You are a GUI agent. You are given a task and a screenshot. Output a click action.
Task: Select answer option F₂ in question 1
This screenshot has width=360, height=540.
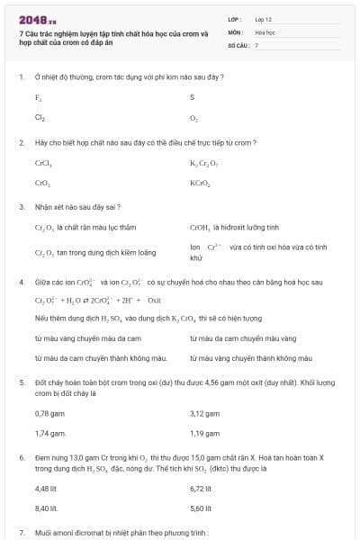click(39, 97)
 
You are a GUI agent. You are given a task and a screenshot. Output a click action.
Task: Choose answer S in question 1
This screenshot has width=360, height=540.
click(193, 97)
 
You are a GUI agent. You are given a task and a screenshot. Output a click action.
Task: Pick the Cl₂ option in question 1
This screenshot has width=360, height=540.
click(40, 117)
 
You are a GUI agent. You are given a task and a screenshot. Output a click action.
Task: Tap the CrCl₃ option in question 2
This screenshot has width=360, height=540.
click(43, 163)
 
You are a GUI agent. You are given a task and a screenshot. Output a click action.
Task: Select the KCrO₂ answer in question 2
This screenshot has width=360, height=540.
click(200, 183)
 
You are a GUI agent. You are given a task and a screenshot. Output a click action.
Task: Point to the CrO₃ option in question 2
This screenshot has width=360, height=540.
click(41, 183)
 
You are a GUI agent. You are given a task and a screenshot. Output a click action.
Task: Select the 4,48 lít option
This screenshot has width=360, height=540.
click(46, 489)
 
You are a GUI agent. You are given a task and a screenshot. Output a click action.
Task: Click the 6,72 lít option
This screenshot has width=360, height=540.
click(201, 489)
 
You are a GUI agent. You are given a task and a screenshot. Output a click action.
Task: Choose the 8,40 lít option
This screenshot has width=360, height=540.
click(46, 508)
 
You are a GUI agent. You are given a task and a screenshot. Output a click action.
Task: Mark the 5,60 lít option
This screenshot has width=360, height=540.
click(201, 508)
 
